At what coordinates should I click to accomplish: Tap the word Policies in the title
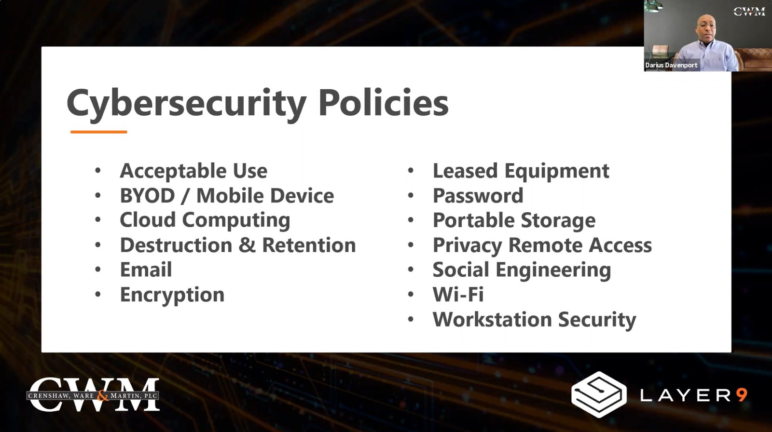click(383, 102)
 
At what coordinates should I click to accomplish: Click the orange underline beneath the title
click(98, 132)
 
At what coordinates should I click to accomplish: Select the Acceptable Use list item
click(193, 171)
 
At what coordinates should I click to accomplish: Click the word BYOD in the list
click(147, 196)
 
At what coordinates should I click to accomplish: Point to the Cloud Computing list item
click(205, 220)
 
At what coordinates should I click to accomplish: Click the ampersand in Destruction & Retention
click(247, 245)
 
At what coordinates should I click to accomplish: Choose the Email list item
click(146, 270)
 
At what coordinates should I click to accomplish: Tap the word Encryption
click(172, 295)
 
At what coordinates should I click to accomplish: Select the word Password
click(478, 196)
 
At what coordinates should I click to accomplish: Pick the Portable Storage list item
click(514, 221)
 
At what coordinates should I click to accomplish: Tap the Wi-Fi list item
click(458, 295)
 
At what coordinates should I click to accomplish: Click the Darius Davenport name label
click(671, 65)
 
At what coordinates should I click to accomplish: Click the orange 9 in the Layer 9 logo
click(741, 395)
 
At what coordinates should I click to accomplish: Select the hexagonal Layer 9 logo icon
click(599, 394)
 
